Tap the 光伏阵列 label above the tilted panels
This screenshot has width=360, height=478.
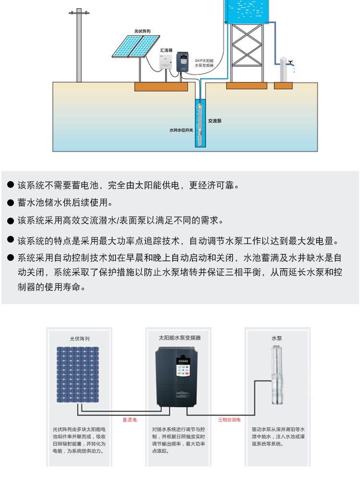click(143, 31)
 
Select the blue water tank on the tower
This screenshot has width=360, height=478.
click(247, 11)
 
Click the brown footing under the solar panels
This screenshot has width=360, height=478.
click(161, 86)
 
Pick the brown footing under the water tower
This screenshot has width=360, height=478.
click(247, 86)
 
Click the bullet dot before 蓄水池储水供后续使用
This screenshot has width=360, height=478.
click(10, 203)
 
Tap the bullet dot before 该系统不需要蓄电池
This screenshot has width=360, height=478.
click(10, 185)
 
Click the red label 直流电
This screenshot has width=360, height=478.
click(130, 419)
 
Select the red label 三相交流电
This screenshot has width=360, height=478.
click(229, 419)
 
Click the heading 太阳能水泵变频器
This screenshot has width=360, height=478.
click(180, 338)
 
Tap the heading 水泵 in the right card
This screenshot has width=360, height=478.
click(276, 338)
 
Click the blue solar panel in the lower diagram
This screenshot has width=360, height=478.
click(80, 375)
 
